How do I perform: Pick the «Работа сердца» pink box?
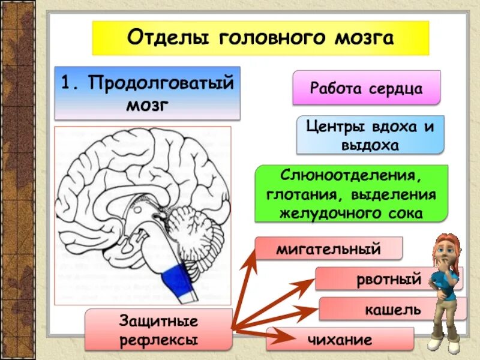pos(366,88)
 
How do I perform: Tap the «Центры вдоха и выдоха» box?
pos(370,135)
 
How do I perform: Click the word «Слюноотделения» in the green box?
pos(352,176)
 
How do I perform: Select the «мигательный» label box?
pos(328,248)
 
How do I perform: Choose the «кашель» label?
pos(393,310)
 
